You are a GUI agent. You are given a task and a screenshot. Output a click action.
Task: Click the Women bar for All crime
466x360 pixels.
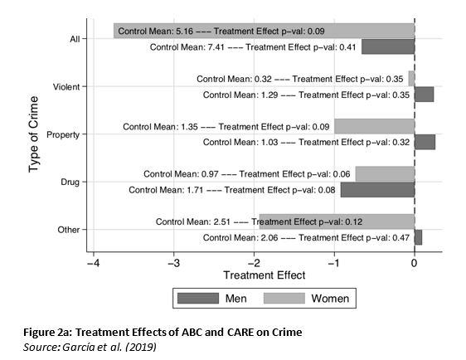pos(264,31)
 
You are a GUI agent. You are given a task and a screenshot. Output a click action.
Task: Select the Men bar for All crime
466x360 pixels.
pos(388,46)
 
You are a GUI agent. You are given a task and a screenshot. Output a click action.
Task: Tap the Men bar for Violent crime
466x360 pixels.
pos(424,95)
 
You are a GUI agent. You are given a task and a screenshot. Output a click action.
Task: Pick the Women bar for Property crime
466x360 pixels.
pos(375,126)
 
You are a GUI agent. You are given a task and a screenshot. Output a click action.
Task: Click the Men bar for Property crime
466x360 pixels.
pos(425,142)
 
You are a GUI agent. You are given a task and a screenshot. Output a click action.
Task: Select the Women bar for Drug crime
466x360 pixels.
pos(386,174)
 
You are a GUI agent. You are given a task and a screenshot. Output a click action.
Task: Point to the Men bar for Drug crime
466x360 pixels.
pos(378,190)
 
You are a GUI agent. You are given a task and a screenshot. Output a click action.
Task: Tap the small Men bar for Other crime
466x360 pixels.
pos(419,237)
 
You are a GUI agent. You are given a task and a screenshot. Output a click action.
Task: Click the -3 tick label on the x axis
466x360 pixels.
pos(173,263)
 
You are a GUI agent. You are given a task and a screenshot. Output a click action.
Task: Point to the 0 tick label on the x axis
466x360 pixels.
pos(415,263)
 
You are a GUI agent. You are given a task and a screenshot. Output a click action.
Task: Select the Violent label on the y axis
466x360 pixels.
pos(66,87)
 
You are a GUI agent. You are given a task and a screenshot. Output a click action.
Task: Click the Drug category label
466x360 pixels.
pos(70,182)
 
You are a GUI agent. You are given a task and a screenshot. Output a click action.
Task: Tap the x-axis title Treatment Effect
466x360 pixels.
pos(265,275)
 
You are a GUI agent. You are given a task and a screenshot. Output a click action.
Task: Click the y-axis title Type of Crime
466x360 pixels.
pos(34,134)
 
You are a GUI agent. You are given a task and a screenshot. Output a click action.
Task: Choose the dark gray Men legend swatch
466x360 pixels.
pos(198,298)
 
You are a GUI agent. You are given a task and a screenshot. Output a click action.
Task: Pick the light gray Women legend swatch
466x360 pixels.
pos(284,298)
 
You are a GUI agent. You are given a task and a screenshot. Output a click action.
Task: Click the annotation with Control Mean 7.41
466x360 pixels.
pos(253,47)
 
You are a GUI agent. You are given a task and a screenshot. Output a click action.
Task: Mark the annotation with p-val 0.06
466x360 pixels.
pos(246,174)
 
